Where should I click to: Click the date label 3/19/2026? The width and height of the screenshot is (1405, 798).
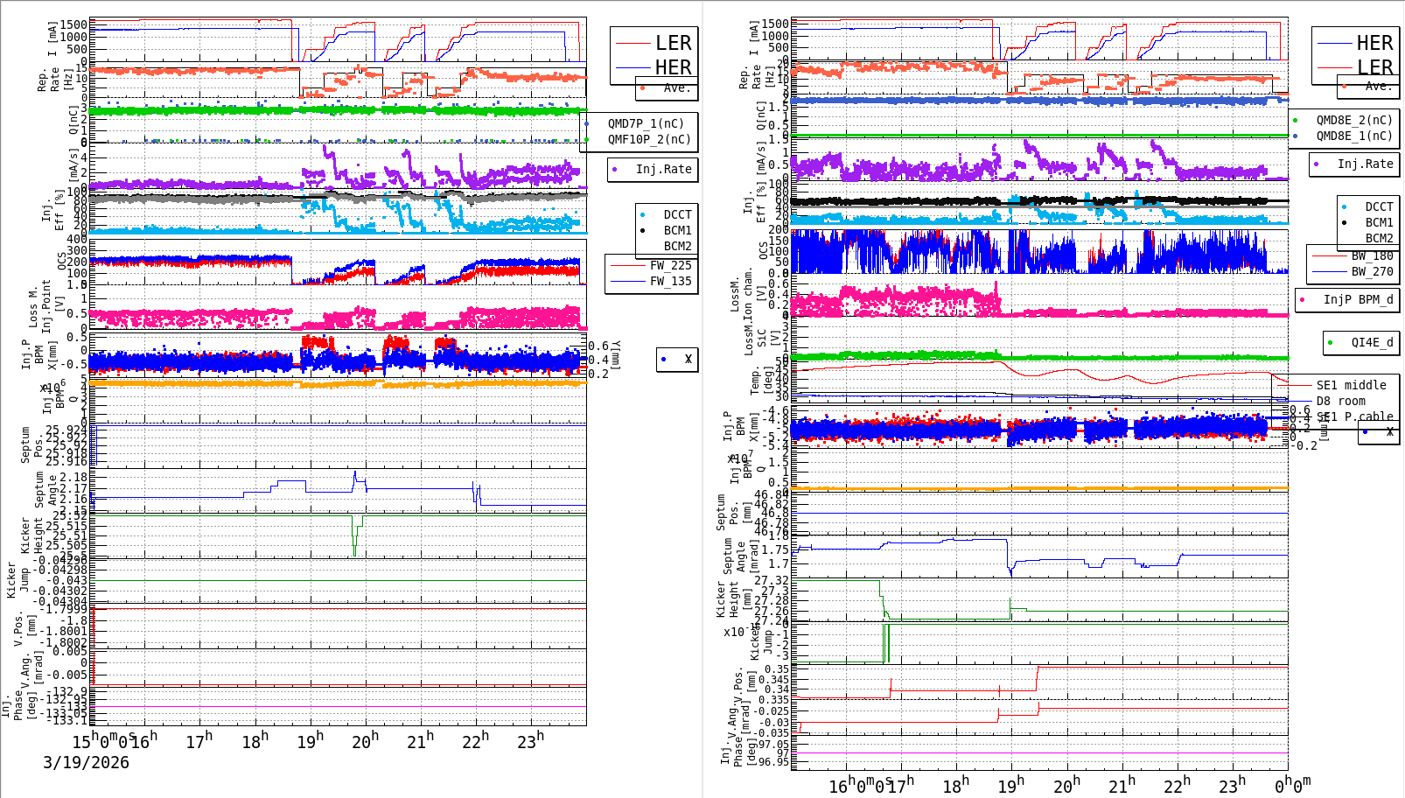coord(86,762)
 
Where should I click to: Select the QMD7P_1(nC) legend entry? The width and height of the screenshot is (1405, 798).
coord(646,123)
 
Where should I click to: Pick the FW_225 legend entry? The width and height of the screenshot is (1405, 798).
coord(669,265)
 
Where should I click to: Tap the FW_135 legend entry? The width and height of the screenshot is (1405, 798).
coord(669,281)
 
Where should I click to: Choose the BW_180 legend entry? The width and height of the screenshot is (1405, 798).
coord(1371,255)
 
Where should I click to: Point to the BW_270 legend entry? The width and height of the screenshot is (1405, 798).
coord(1371,271)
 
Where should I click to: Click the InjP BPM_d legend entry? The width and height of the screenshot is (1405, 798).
coord(1357,299)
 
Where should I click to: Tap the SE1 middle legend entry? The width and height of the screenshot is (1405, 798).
coord(1350,385)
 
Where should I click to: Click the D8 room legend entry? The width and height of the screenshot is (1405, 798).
coord(1340,401)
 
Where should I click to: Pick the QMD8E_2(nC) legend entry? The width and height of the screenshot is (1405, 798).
coord(1353,120)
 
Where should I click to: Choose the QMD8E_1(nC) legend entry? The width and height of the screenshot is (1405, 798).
coord(1353,136)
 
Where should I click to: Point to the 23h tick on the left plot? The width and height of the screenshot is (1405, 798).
coord(530,742)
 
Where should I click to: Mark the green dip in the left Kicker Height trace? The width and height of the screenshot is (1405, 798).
coord(354,549)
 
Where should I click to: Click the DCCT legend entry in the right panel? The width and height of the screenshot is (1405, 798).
coord(1378,206)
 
